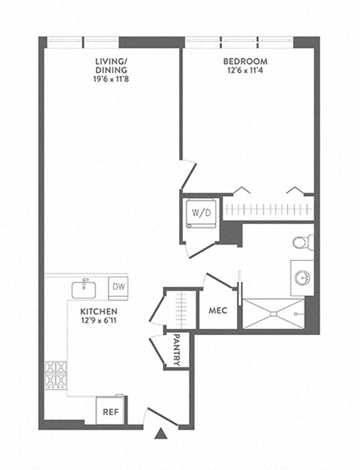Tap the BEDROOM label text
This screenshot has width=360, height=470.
(244, 61)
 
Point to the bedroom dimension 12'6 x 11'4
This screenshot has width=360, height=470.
(244, 72)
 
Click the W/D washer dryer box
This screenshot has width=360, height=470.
(201, 213)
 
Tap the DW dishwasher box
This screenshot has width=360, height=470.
(118, 286)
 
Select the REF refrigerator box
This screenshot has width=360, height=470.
(110, 410)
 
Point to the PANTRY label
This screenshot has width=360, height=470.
(176, 350)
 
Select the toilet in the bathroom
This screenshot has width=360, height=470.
(301, 241)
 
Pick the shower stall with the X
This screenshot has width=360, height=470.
(272, 313)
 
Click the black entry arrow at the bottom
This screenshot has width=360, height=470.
(160, 433)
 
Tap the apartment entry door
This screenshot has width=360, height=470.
(160, 416)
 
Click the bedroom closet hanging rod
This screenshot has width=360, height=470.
(266, 210)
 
